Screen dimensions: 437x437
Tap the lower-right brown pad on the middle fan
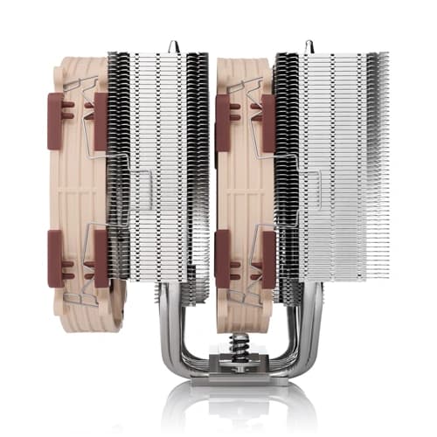pos(267,262)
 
